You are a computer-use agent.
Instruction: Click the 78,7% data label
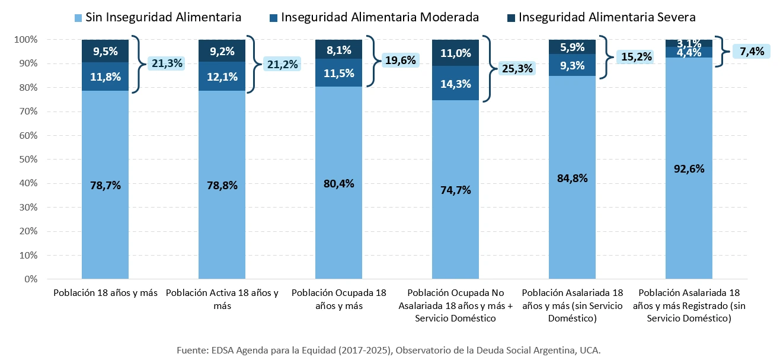point(105,186)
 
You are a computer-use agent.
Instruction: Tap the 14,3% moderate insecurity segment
point(456,84)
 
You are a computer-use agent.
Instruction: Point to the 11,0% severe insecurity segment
point(456,53)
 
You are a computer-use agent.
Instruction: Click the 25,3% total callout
point(517,68)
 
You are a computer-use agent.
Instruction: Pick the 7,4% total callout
point(752,51)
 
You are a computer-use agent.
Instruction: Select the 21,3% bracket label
point(167,63)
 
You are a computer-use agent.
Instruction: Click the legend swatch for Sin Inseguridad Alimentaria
point(78,18)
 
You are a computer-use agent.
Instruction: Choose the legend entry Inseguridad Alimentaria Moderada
point(379,17)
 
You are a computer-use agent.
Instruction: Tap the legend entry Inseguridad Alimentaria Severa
point(606,17)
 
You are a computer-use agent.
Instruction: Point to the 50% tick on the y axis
point(28,160)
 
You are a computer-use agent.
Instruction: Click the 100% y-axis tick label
point(26,40)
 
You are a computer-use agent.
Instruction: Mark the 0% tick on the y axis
point(31,279)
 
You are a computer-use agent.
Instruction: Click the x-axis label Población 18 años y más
point(105,293)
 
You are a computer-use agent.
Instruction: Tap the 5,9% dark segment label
point(573,47)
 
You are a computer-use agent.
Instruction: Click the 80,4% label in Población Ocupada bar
point(338,183)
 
